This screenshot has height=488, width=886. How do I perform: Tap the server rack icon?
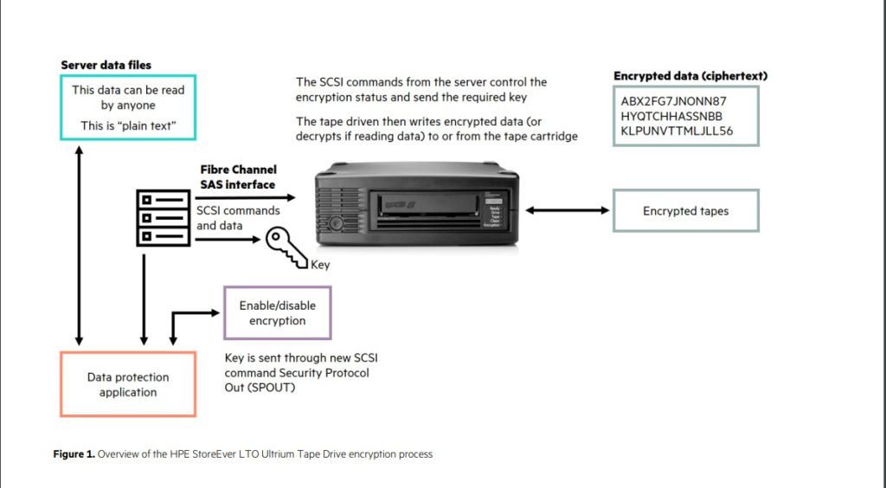tap(163, 217)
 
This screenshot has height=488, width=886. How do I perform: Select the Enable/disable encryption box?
tap(277, 312)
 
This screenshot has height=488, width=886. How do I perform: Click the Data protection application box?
tap(128, 384)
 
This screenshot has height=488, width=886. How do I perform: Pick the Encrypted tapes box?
tap(685, 210)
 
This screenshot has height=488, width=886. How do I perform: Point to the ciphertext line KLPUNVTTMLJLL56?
tap(677, 131)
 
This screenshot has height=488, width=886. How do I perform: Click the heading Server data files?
tap(106, 65)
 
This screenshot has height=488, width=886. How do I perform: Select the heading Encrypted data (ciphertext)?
tap(690, 76)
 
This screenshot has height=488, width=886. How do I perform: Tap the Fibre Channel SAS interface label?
tap(237, 177)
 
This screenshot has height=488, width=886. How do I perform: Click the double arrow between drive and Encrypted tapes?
tap(566, 209)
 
